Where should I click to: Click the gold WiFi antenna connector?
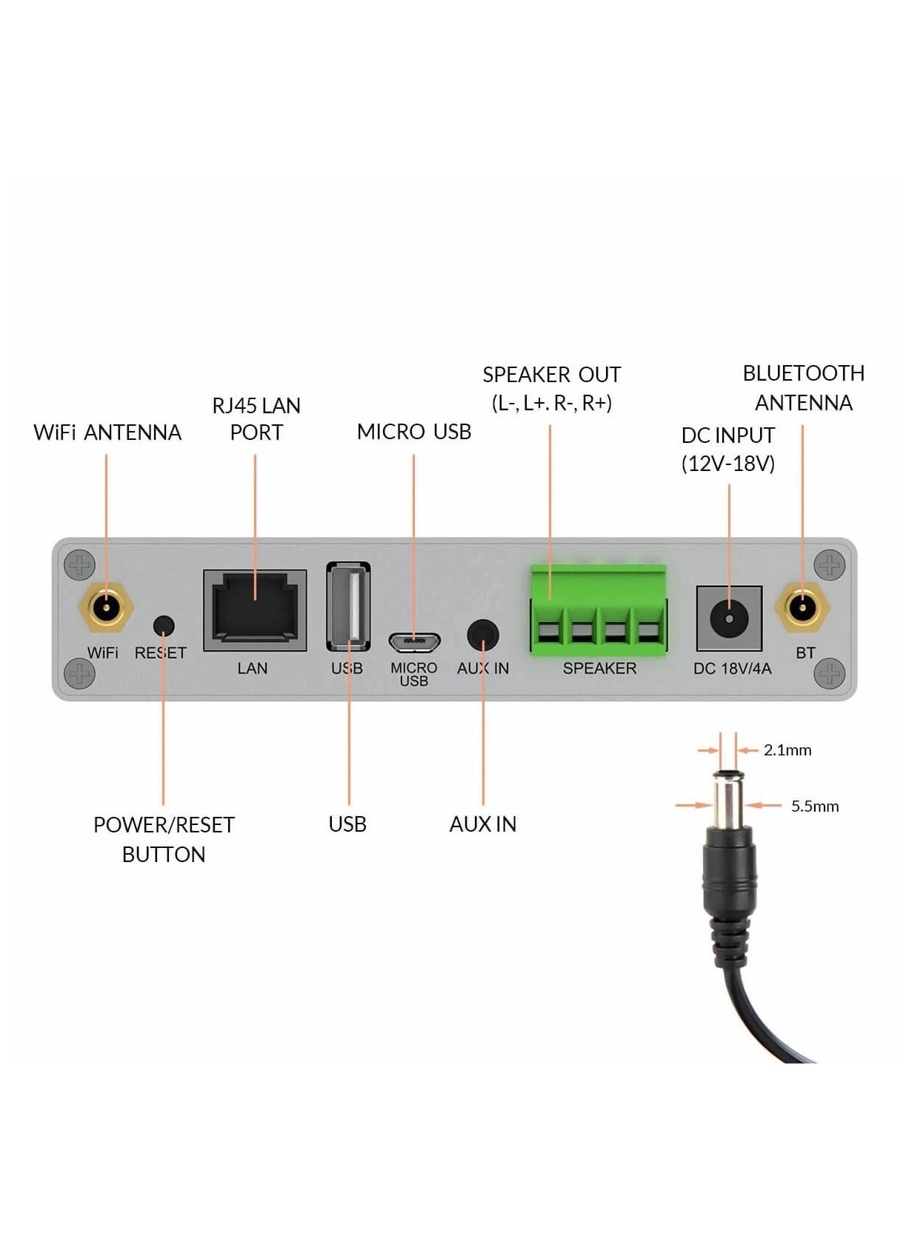105,608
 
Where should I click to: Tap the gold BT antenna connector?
802,608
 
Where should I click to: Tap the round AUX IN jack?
483,635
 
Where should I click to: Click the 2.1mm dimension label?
787,750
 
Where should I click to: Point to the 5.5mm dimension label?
814,806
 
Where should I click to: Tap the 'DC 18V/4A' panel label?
732,669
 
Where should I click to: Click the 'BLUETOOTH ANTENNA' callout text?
803,388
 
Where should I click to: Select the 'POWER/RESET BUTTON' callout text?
164,839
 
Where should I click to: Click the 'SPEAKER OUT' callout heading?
551,375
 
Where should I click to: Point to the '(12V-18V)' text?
727,464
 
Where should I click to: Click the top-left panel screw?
79,565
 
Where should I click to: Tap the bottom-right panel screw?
829,673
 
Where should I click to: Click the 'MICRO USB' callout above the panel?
413,432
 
